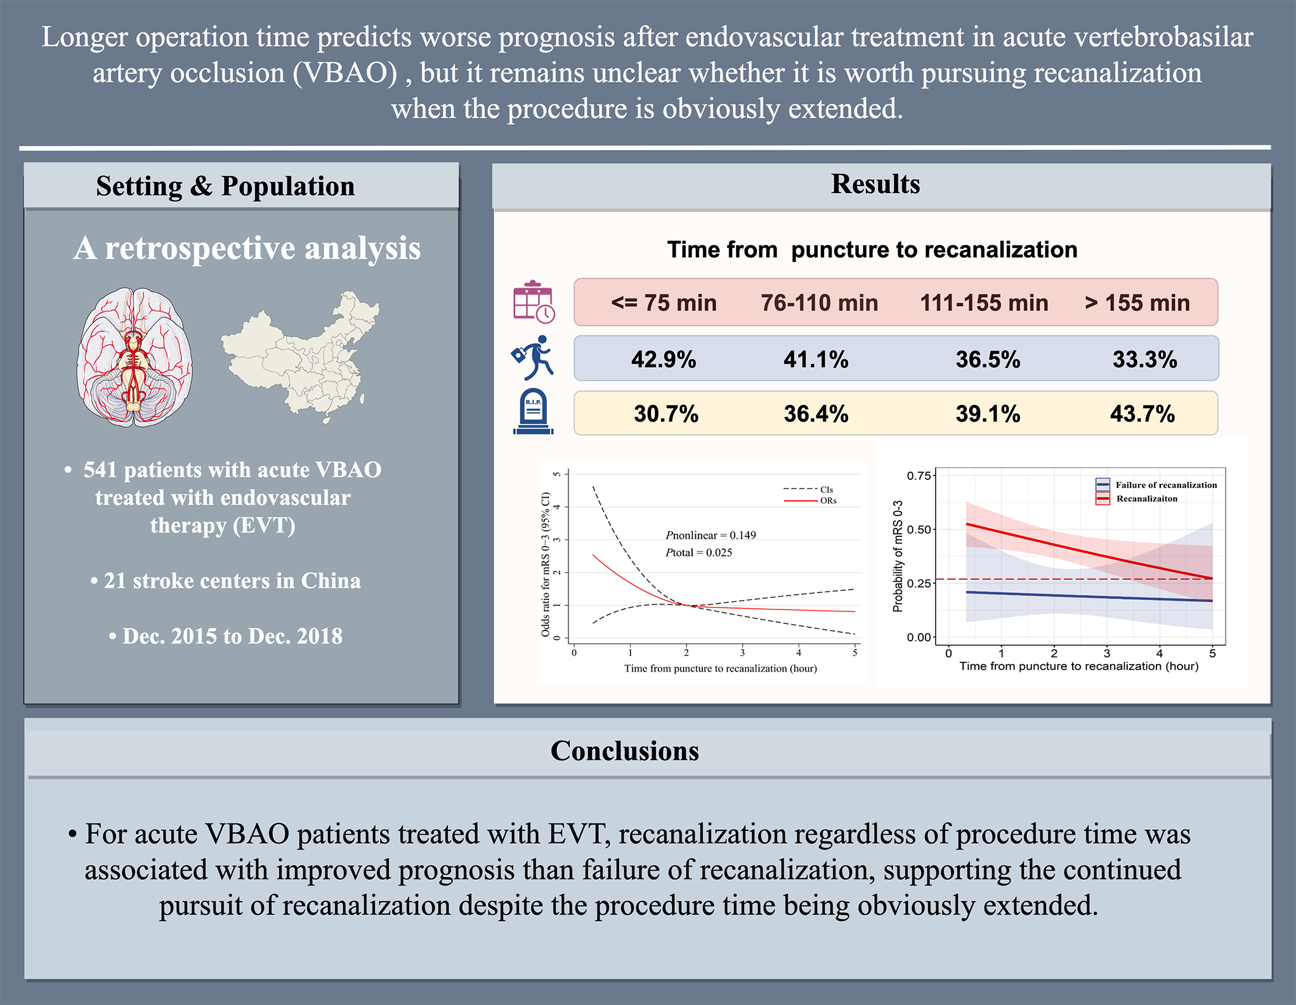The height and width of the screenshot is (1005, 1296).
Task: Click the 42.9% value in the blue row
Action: pos(664,360)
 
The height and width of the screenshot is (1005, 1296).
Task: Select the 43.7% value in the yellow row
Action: pos(1142,414)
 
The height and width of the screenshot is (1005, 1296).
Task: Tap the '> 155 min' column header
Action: pos(1137,303)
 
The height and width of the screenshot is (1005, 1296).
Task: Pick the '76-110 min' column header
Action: pos(820,303)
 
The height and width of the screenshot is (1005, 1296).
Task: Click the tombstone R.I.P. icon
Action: pos(533,412)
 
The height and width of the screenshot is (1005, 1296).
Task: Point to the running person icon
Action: pos(534,357)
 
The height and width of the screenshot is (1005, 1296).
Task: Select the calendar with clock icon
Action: pos(533,302)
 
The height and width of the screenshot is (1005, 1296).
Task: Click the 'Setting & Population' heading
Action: pos(225,186)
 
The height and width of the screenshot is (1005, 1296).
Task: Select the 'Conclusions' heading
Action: pos(624,750)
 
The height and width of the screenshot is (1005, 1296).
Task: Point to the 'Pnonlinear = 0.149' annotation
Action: pos(710,535)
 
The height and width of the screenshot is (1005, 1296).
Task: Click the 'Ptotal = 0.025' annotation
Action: pos(698,552)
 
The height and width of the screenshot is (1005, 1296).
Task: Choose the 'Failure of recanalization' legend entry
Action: pos(1165,485)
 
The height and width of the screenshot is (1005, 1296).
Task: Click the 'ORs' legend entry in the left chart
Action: pos(828,501)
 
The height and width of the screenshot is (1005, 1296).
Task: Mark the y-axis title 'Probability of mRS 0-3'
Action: pos(897,556)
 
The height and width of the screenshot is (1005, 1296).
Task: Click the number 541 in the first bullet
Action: pos(100,470)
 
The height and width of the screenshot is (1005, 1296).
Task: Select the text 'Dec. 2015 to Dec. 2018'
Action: pos(232,636)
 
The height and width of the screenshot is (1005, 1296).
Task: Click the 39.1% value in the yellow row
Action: pos(988,414)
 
